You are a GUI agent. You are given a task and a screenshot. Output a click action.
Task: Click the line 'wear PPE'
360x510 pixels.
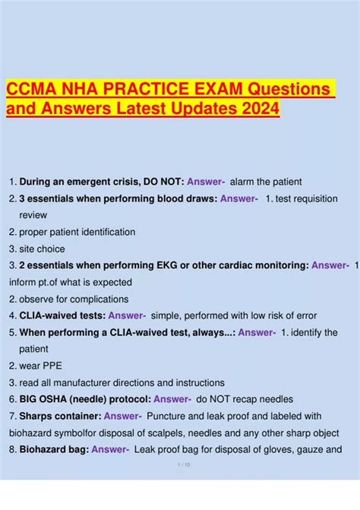[39, 366]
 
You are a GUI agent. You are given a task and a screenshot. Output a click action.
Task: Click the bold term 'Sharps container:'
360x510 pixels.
[59, 416]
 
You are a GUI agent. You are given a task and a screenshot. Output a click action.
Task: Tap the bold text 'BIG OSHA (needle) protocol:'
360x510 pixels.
[84, 399]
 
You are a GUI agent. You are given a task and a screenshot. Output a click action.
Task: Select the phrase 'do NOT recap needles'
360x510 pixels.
[245, 399]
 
